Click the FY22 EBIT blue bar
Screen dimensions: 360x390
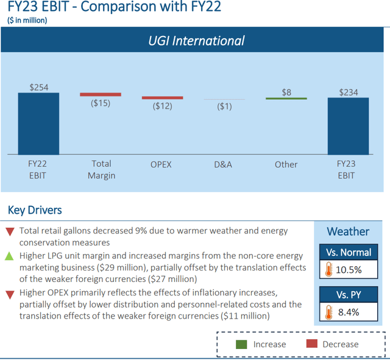click(38, 123)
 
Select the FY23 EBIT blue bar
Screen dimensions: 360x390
click(348, 125)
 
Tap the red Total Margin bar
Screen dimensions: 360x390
click(101, 94)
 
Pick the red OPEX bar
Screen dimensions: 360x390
click(162, 97)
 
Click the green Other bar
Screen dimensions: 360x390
click(286, 98)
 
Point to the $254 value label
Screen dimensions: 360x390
click(38, 87)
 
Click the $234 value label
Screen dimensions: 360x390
click(348, 93)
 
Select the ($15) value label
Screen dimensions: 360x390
click(101, 103)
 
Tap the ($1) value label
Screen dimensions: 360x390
click(224, 107)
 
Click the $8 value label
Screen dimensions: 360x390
click(286, 92)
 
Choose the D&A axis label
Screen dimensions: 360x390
click(224, 164)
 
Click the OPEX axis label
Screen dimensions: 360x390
click(162, 164)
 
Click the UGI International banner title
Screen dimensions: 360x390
click(196, 41)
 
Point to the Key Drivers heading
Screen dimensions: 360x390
click(35, 211)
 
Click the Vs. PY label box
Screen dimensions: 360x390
click(348, 295)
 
